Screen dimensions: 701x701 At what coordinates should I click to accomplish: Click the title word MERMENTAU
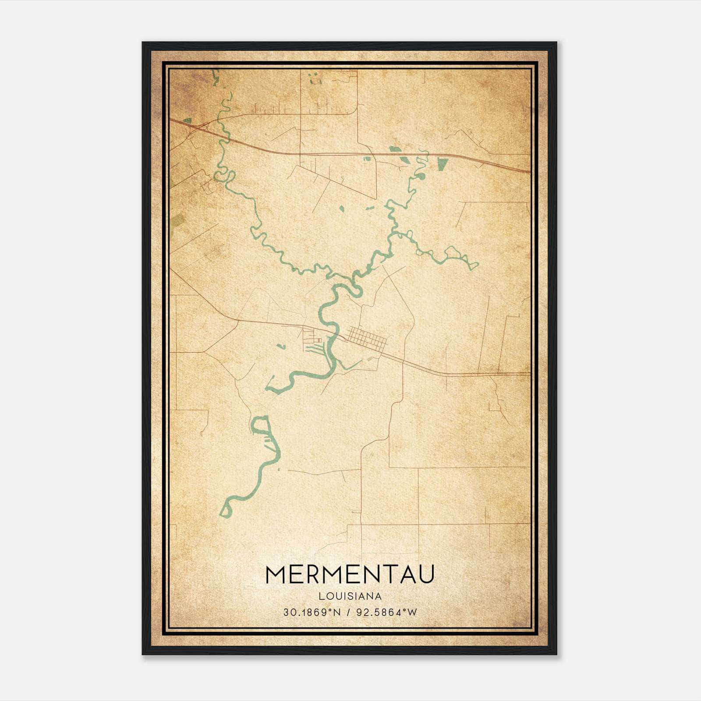click(x=350, y=574)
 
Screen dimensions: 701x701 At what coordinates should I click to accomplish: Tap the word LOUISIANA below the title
click(x=350, y=596)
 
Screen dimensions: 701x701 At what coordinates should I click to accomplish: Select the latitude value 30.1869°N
click(x=312, y=612)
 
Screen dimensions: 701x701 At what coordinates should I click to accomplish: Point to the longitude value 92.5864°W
click(x=387, y=612)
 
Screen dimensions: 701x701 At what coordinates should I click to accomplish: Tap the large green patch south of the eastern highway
click(x=443, y=163)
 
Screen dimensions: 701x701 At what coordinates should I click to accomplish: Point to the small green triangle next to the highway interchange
click(x=188, y=120)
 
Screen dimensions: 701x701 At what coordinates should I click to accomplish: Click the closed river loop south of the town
click(x=261, y=425)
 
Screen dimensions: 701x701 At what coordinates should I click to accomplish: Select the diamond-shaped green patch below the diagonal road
click(x=342, y=209)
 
